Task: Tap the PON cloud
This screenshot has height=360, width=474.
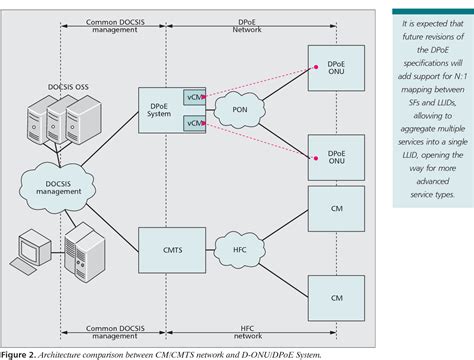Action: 238,109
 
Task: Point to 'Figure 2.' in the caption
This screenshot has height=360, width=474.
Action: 18,353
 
